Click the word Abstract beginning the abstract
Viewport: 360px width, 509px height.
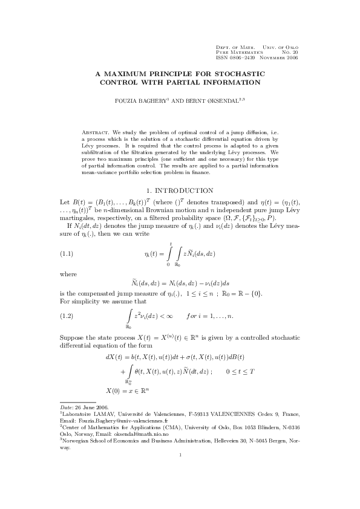point(95,131)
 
